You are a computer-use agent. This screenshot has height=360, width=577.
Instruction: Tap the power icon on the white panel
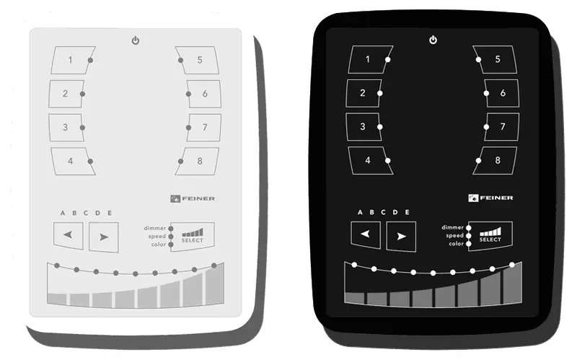136,40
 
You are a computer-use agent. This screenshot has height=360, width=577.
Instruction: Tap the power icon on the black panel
433,40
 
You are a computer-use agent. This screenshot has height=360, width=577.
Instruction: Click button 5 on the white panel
197,60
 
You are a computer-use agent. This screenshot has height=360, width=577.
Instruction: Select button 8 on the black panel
495,160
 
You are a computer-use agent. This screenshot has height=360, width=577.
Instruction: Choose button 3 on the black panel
364,127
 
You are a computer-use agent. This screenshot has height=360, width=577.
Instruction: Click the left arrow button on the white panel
68,235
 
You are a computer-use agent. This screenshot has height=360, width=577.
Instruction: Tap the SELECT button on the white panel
193,237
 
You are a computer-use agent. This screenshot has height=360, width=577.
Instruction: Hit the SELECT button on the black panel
490,236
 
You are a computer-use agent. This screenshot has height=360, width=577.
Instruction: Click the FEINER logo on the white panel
193,199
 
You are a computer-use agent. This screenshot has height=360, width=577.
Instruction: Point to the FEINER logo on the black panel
490,198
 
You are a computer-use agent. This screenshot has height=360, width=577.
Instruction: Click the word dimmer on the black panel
452,227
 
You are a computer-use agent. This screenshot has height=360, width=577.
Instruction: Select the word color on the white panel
159,245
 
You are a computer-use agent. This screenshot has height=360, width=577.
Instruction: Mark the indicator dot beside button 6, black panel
486,93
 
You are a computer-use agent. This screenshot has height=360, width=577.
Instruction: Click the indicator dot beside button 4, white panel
90,161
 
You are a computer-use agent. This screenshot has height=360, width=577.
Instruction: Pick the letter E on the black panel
407,212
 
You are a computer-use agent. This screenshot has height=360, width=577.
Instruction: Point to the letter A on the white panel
63,213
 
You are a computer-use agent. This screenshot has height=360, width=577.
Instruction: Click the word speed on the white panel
157,237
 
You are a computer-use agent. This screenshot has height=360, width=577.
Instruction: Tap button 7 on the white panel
204,128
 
